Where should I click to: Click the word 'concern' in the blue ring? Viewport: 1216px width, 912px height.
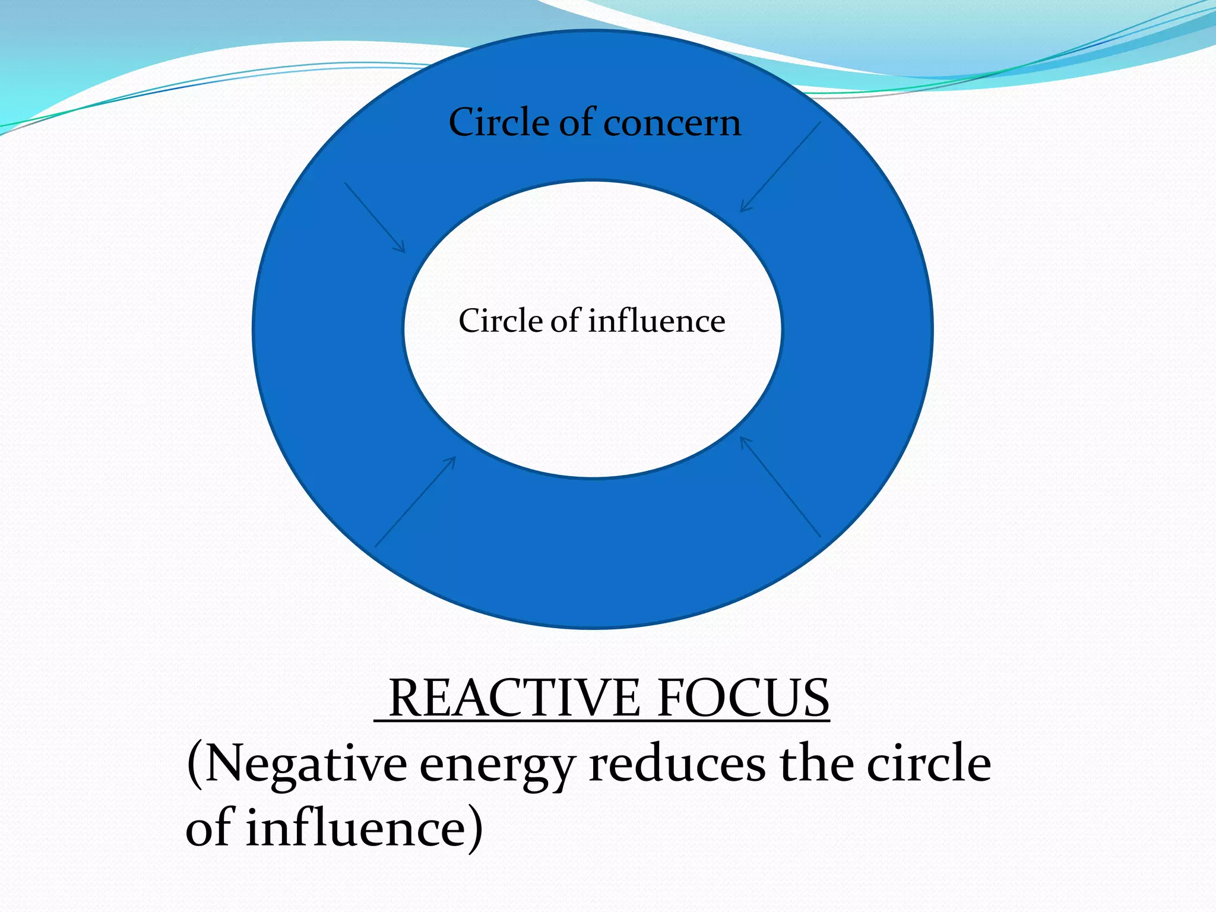672,123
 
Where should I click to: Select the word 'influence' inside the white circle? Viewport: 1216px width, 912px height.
657,321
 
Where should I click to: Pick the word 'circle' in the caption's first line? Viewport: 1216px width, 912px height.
929,764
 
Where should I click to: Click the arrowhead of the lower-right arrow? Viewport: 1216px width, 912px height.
745,442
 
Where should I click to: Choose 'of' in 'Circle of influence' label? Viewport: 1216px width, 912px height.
566,321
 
